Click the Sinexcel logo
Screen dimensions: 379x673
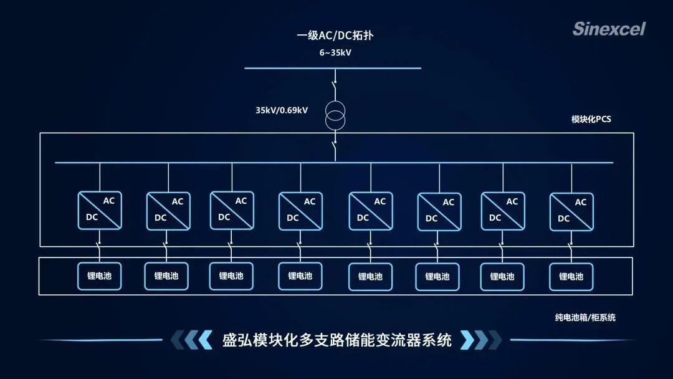coord(609,29)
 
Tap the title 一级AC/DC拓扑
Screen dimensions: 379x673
coord(335,36)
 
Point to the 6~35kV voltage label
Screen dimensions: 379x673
coord(335,53)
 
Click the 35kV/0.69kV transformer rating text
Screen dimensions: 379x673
coord(282,110)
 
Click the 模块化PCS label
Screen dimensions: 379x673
coord(591,120)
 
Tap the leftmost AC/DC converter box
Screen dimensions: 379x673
coord(100,210)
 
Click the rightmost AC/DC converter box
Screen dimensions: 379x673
coord(571,211)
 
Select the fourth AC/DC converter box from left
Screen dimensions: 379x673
coord(300,211)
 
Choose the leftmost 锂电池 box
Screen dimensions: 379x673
coord(100,276)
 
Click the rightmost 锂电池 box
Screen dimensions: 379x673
coord(571,277)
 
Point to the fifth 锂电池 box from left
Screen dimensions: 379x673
coord(370,277)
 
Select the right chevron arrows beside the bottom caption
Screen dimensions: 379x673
coord(480,340)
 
